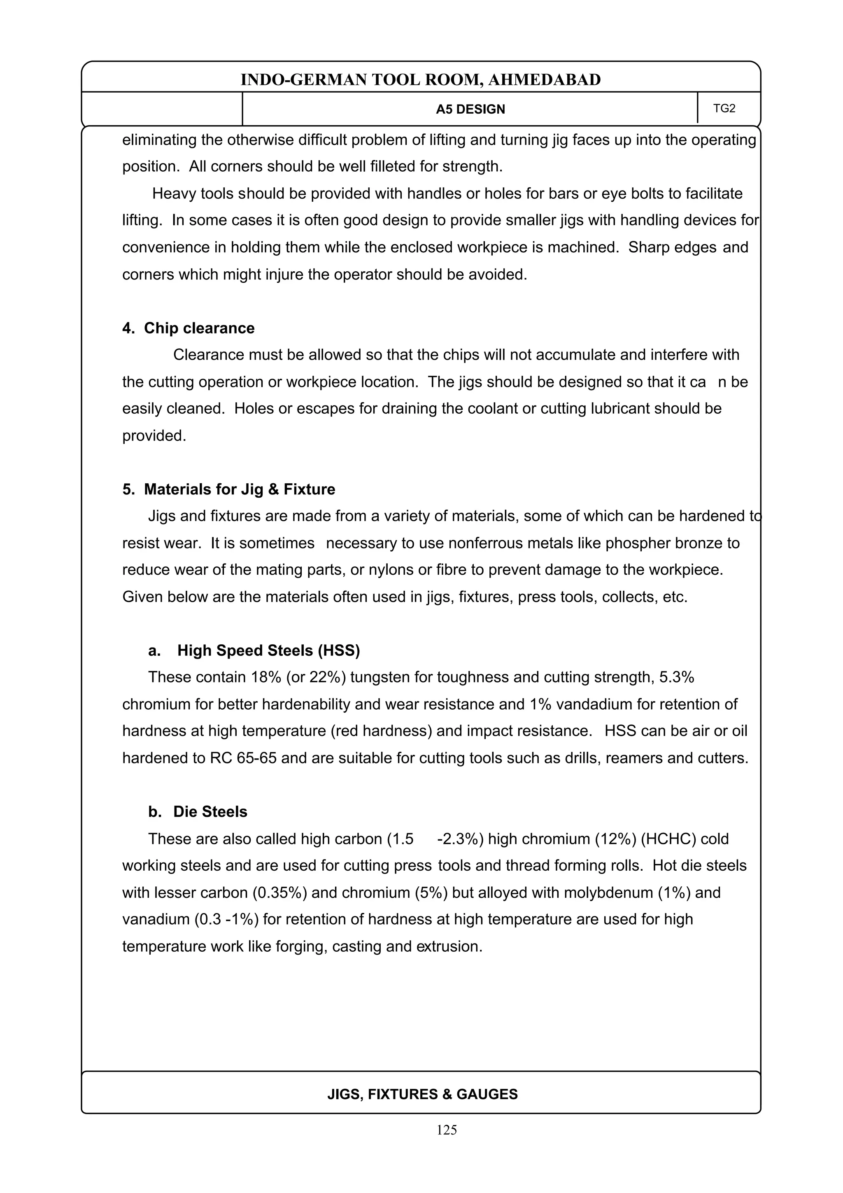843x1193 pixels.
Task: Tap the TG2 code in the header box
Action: [x=724, y=108]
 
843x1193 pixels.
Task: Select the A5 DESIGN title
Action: [x=470, y=109]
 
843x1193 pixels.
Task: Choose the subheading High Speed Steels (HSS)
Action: [x=268, y=650]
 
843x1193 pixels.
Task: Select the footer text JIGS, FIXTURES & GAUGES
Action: [x=422, y=1094]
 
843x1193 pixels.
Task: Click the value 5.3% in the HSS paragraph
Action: [x=676, y=677]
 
